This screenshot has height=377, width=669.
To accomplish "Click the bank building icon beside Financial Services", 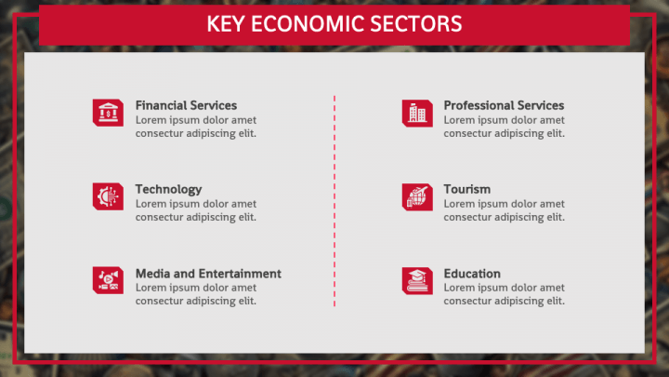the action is click(108, 113).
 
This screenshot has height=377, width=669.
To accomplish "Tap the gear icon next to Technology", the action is click(108, 196).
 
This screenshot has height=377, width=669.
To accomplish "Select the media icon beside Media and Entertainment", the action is click(108, 280).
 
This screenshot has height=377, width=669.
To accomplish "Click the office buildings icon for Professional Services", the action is click(417, 114).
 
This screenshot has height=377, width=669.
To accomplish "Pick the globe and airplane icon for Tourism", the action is click(417, 197).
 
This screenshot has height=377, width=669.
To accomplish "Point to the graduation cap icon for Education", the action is click(417, 281).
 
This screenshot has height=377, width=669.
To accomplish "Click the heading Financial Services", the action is click(186, 105).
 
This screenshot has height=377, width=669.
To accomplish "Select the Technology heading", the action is click(168, 189).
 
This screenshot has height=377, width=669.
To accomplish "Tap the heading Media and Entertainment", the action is click(208, 274).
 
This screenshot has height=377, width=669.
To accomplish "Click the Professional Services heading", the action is click(504, 105).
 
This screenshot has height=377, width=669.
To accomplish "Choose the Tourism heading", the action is click(467, 189).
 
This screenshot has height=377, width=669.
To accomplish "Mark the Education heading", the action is click(472, 274).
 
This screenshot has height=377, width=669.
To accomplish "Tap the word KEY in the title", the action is click(226, 24).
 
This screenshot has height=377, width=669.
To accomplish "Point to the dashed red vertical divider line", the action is click(334, 201).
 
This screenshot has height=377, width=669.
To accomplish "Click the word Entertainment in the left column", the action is click(241, 274).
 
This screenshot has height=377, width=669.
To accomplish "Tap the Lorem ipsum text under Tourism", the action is click(504, 210).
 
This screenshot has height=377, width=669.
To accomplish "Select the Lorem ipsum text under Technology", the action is click(196, 210).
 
